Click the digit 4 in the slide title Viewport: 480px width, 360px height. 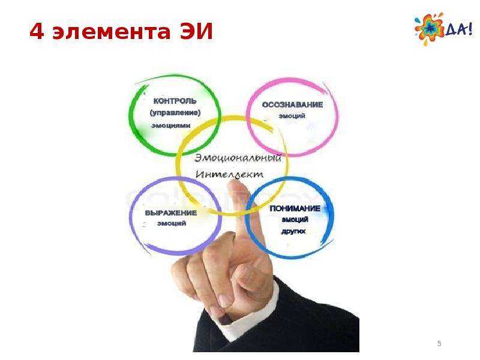(37, 31)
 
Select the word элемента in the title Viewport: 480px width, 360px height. (112, 32)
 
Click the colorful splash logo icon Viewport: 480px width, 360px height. (429, 29)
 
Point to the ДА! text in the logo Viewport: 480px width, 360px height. (458, 29)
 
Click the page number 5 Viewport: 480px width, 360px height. (439, 343)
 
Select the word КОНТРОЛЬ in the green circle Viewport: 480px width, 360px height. (175, 101)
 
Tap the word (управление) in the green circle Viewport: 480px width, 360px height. (175, 113)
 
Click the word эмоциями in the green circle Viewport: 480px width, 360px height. (171, 125)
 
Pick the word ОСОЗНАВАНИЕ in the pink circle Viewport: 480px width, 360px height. (292, 104)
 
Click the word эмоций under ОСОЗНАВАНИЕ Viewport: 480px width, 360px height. (292, 116)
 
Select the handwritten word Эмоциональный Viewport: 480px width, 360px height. (238, 158)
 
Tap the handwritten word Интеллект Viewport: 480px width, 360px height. (229, 174)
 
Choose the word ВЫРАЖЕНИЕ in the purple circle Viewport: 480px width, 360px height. (171, 213)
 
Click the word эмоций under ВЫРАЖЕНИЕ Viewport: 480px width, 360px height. (172, 223)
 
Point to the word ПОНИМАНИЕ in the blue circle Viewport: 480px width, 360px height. (295, 208)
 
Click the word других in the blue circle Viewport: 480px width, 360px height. (293, 231)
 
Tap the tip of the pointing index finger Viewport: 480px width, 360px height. (236, 182)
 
